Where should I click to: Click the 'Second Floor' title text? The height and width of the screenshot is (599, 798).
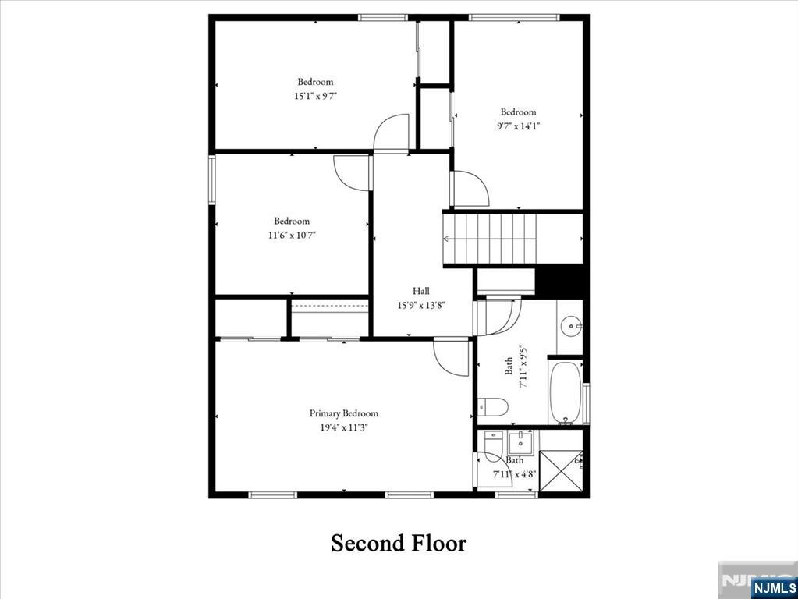tap(399, 543)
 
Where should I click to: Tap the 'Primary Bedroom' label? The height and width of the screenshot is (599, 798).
tap(343, 413)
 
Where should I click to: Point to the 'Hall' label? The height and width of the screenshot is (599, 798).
tap(421, 291)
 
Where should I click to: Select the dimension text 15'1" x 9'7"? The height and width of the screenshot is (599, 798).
tap(315, 96)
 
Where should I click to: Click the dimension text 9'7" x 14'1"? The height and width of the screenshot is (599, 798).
tap(519, 126)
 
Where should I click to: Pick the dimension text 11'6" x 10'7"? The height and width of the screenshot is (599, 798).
tap(292, 235)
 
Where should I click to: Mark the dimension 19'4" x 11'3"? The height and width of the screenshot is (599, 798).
tap(343, 427)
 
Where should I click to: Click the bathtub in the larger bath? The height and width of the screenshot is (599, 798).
tap(566, 391)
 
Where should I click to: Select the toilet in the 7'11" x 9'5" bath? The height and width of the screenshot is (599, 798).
tap(493, 406)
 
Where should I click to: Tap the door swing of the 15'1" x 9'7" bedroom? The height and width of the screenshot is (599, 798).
tap(392, 133)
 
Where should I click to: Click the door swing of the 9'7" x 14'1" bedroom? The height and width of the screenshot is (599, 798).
tap(470, 189)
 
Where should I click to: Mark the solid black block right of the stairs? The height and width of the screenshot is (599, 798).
tap(561, 282)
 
